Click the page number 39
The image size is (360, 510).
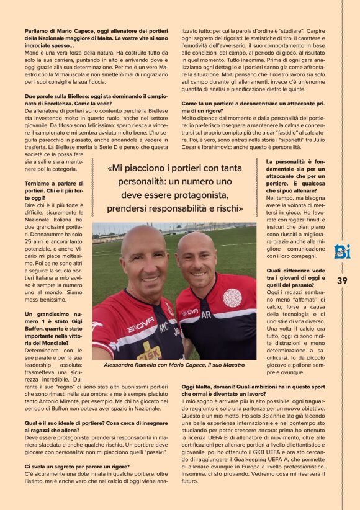point(342,280)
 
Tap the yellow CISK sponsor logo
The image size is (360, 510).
point(149,352)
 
